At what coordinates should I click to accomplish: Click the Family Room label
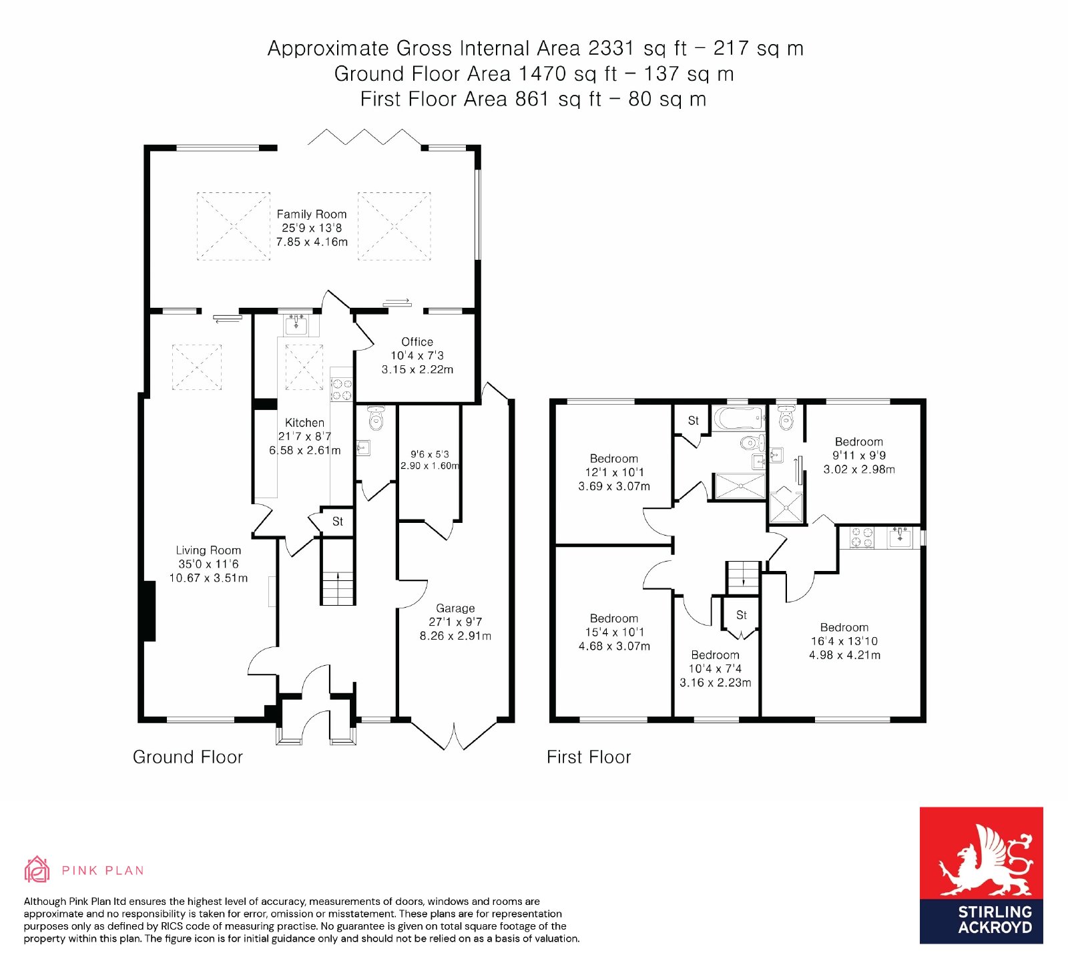point(312,214)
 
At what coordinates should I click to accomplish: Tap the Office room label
point(417,342)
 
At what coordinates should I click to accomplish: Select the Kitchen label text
point(304,423)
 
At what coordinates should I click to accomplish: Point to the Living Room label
point(208,550)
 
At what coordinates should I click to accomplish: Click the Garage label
point(455,608)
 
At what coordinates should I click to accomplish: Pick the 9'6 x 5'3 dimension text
point(430,454)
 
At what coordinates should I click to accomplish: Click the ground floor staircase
point(338,580)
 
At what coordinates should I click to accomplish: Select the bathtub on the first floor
point(740,419)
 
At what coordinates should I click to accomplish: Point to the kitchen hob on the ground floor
point(342,389)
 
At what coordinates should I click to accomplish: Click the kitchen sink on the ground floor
point(295,326)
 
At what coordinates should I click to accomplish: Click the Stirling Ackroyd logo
point(981,876)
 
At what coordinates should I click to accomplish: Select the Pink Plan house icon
point(37,869)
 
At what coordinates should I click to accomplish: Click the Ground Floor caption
point(188,757)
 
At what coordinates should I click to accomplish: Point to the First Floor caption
point(589,757)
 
